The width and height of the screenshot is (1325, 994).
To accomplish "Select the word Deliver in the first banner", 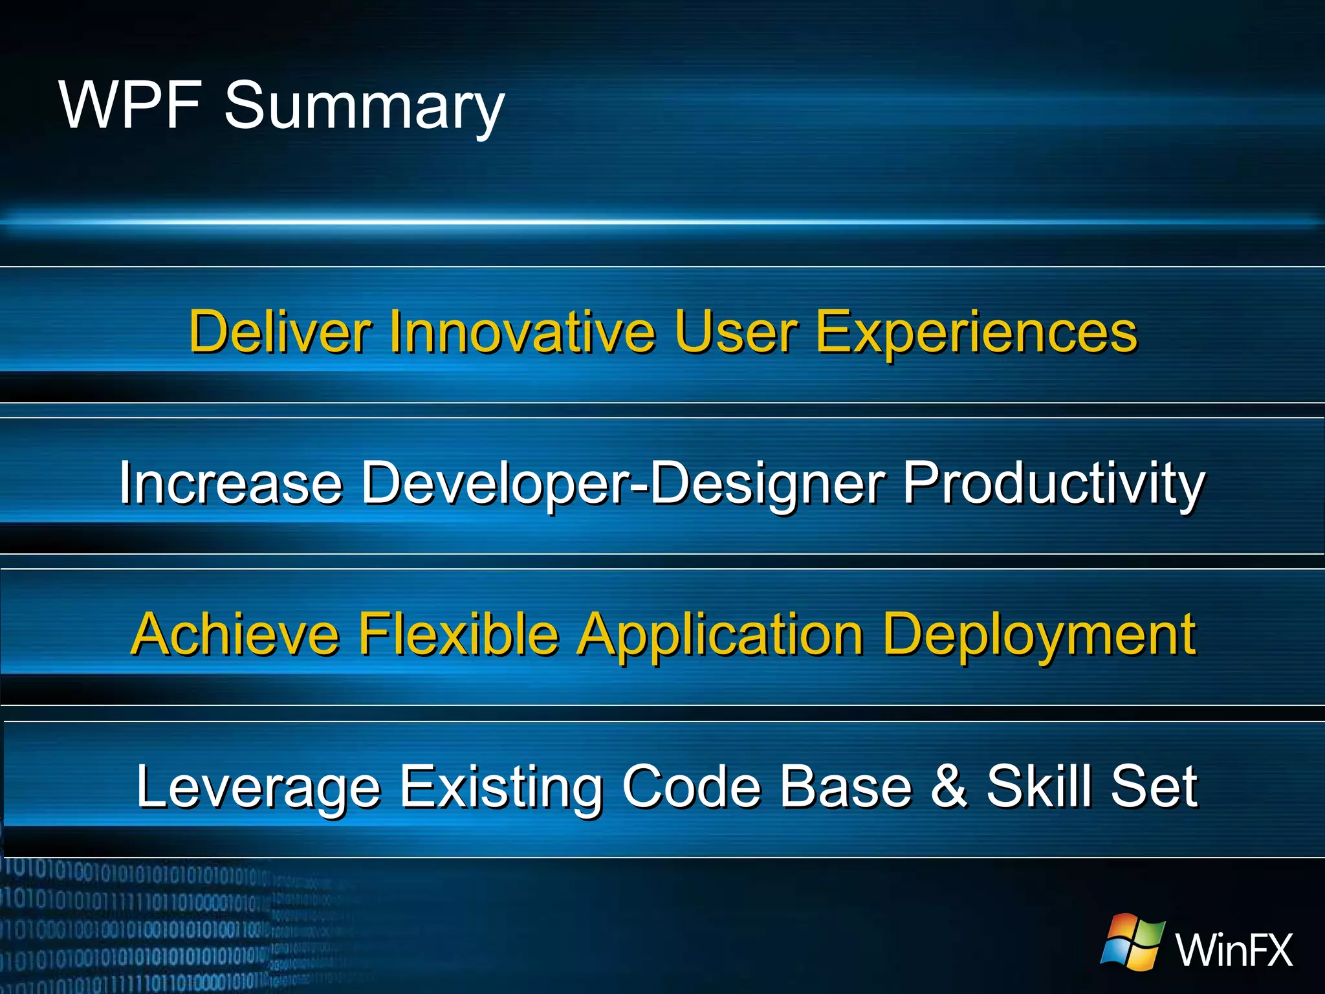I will (279, 331).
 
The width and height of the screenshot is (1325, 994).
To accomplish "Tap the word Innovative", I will (521, 331).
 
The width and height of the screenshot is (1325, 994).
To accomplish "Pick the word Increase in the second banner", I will (230, 483).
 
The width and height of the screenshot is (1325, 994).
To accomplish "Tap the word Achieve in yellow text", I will (234, 634).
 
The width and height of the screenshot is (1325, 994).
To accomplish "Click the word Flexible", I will (458, 634).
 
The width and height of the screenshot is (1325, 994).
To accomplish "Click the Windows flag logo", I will (1133, 942).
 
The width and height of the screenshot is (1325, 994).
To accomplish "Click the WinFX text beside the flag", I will (1233, 950).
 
